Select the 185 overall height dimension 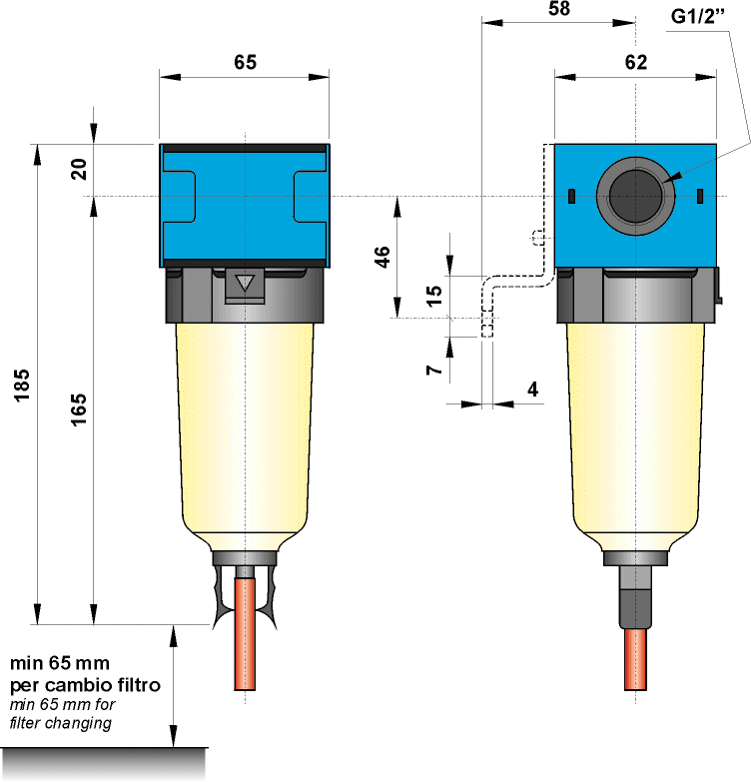[x=23, y=386]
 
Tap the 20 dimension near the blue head [x=79, y=168]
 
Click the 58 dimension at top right [x=559, y=9]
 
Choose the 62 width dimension [x=635, y=61]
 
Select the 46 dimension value [x=381, y=257]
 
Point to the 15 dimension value [x=433, y=296]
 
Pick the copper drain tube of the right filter [x=634, y=659]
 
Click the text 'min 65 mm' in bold [x=59, y=662]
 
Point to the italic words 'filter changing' [x=60, y=723]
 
